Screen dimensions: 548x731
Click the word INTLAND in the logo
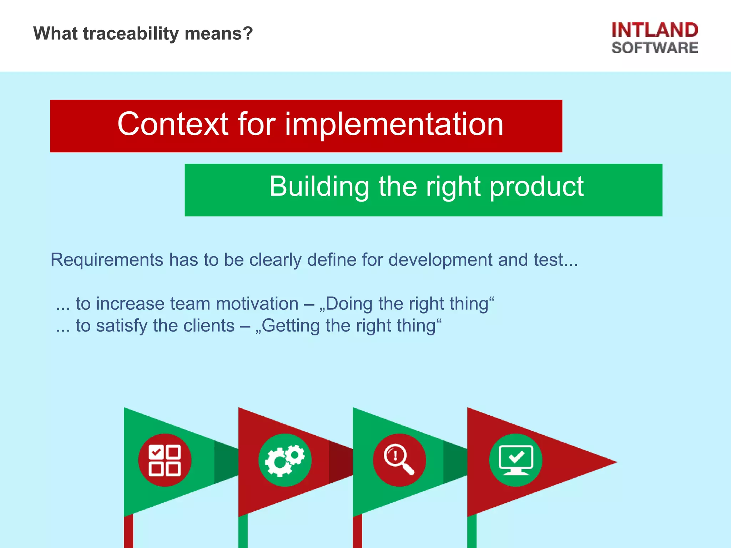pos(655,30)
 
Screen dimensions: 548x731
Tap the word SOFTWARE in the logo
pos(655,48)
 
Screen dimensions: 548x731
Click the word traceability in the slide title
pos(131,34)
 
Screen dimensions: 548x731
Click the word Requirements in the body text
pos(107,260)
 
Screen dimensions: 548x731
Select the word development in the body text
pos(440,260)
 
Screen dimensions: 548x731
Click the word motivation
pos(257,304)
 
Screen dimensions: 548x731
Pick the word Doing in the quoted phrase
pos(348,304)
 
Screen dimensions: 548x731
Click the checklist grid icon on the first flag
pos(165,460)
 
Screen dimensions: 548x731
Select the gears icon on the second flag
pos(285,460)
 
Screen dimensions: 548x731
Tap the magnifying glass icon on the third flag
pos(399,460)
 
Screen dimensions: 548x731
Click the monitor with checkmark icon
pos(515,460)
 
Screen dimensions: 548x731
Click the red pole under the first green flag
pos(128,532)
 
